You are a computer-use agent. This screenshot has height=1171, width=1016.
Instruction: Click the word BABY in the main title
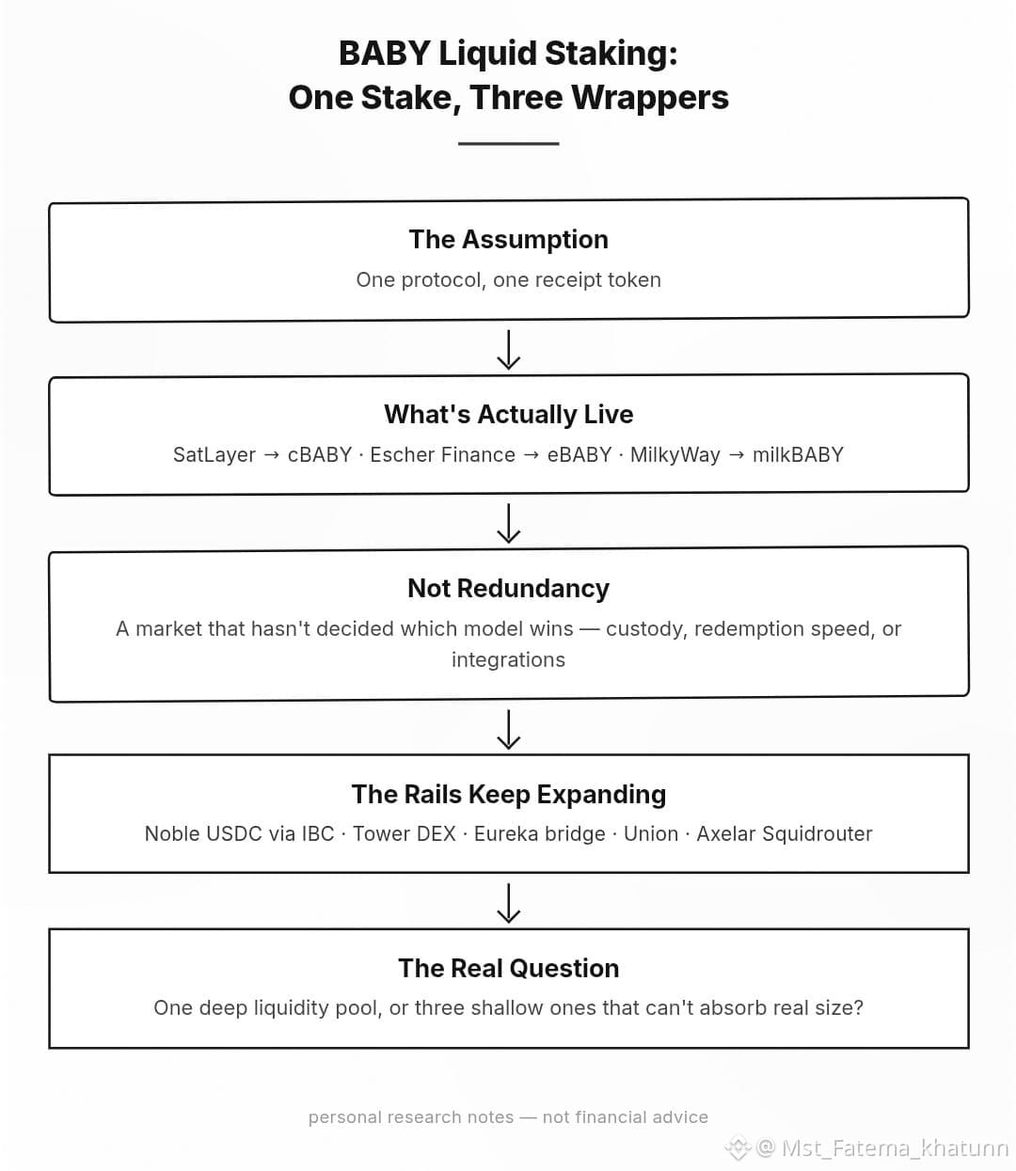[x=384, y=54]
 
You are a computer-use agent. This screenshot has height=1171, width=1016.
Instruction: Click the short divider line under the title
[x=508, y=143]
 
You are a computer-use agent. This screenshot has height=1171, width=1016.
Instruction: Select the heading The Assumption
[x=508, y=239]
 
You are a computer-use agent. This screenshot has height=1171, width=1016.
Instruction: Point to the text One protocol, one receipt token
[x=508, y=280]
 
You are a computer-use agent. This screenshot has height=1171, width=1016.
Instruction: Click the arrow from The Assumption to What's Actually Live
[x=508, y=349]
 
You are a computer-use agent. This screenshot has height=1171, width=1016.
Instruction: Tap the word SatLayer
[x=214, y=455]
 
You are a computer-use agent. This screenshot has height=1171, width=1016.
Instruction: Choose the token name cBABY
[x=320, y=455]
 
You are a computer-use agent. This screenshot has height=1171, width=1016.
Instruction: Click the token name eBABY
[x=579, y=455]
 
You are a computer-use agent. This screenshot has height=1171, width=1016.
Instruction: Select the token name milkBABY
[x=798, y=455]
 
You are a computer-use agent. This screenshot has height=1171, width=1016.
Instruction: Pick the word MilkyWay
[x=675, y=455]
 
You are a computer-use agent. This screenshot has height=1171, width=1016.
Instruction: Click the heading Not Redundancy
[x=508, y=589]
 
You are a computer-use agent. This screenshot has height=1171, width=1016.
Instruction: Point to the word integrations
[x=508, y=660]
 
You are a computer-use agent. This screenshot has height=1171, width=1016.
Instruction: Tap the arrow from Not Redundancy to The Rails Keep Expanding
[x=508, y=729]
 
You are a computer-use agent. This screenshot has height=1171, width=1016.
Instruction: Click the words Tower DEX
[x=405, y=834]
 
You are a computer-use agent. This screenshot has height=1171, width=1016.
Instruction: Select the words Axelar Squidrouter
[x=785, y=834]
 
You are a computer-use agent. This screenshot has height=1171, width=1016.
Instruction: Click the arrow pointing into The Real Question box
[x=508, y=903]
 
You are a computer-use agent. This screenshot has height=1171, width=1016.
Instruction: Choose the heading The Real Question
[x=508, y=969]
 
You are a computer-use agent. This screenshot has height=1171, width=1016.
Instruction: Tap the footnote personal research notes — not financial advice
[x=508, y=1116]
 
